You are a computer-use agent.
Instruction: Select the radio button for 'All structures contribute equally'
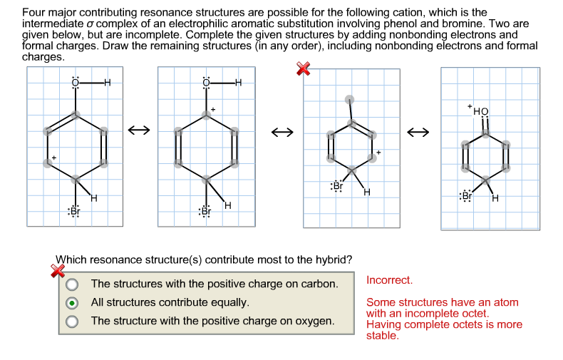[x=72, y=302]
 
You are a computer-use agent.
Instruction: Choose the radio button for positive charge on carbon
[x=72, y=284]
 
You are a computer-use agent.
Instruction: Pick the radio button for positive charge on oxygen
[x=72, y=322]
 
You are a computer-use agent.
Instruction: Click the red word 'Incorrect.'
[x=389, y=280]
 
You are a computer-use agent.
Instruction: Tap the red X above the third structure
[x=304, y=68]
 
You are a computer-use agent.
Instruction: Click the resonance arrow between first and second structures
[x=138, y=130]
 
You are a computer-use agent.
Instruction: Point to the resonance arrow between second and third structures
[x=281, y=132]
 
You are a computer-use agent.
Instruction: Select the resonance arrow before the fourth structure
[x=419, y=132]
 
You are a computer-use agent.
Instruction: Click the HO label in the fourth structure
[x=481, y=110]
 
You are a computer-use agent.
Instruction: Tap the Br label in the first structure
[x=73, y=211]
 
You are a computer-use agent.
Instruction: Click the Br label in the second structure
[x=205, y=211]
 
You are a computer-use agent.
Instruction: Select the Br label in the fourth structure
[x=467, y=195]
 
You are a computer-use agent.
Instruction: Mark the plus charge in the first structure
[x=53, y=156]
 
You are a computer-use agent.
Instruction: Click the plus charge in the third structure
[x=379, y=152]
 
